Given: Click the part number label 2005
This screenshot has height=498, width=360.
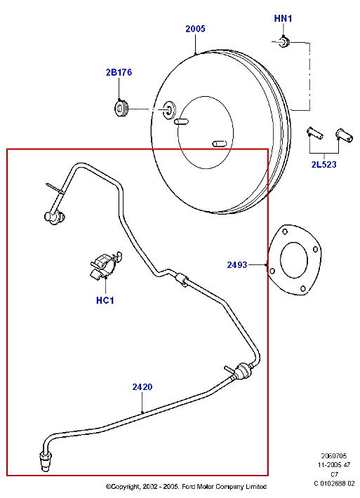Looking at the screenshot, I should pyautogui.click(x=195, y=29).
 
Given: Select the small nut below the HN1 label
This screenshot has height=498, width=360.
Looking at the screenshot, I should pyautogui.click(x=284, y=43).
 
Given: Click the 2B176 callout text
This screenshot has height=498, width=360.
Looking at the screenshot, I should pyautogui.click(x=119, y=72).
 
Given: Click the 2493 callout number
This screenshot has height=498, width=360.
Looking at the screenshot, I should pyautogui.click(x=238, y=264).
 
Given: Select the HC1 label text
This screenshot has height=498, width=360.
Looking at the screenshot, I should pyautogui.click(x=105, y=301).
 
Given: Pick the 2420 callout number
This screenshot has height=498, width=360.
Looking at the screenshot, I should pyautogui.click(x=142, y=386).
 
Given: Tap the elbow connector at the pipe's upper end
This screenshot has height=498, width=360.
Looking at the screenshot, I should pyautogui.click(x=53, y=217).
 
